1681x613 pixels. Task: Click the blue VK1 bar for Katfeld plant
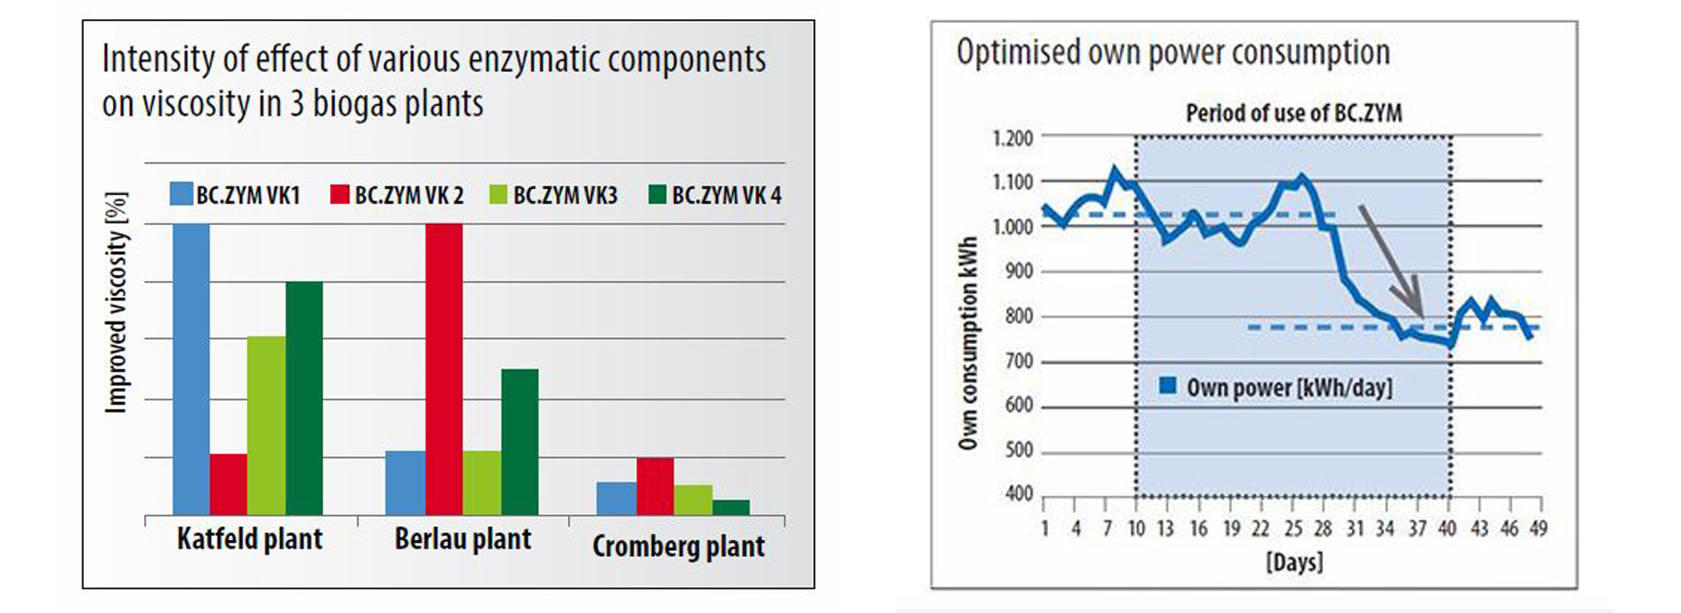click(191, 368)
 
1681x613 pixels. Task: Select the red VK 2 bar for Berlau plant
click(444, 368)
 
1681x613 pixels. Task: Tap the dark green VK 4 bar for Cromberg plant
click(731, 507)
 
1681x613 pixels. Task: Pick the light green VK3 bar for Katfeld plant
click(266, 425)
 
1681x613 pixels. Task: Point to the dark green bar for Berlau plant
click(520, 441)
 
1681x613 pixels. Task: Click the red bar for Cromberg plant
click(655, 486)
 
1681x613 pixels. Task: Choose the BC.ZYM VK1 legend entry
click(236, 194)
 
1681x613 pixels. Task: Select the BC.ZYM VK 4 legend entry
click(714, 194)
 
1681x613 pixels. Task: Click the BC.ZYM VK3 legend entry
click(554, 194)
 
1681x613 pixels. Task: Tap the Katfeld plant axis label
click(250, 539)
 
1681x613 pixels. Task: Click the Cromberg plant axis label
click(679, 546)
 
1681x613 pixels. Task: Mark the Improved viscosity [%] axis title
click(116, 302)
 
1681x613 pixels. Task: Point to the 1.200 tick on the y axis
click(1013, 138)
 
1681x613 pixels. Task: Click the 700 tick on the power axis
click(1019, 361)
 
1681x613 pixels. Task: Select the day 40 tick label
click(1447, 528)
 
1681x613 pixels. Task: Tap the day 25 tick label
click(1293, 528)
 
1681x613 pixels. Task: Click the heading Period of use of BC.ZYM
click(1293, 113)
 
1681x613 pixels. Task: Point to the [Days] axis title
click(1294, 561)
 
